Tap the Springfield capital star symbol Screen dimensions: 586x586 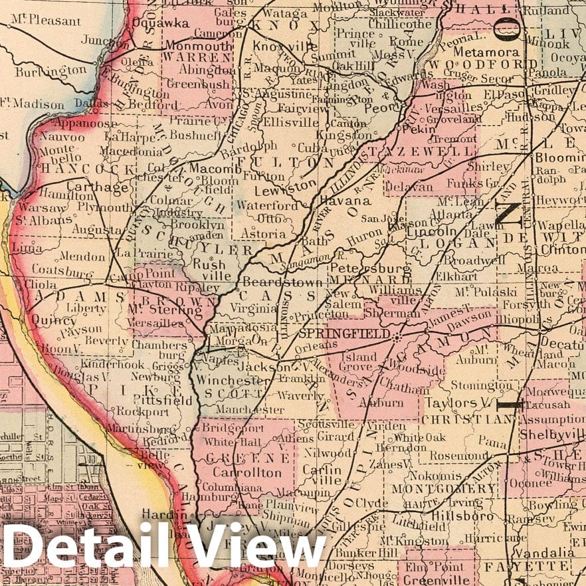[397, 338]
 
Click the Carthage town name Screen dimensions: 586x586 [106, 188]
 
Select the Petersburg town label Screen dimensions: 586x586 [361, 267]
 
